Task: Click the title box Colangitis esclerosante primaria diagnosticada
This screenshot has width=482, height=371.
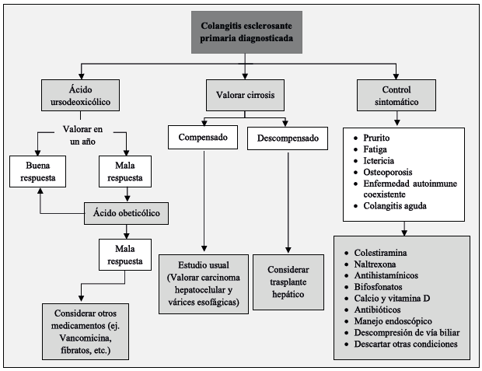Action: tap(245, 33)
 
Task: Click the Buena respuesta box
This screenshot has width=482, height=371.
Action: tap(38, 171)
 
